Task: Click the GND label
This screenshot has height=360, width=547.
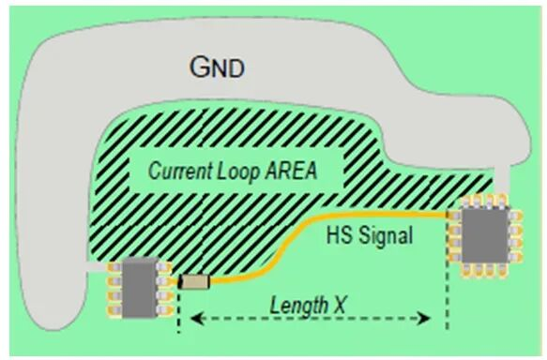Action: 217,67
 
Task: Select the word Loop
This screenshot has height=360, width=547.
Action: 238,171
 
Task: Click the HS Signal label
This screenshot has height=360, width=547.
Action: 370,235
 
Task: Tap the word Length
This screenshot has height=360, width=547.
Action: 299,305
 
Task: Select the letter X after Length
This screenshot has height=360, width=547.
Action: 338,305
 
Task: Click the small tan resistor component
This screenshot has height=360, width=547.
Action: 194,281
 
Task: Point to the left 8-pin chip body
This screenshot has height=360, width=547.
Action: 140,288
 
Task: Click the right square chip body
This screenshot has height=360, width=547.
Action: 485,234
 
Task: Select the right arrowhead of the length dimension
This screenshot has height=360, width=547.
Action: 424,318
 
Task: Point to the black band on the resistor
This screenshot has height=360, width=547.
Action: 181,281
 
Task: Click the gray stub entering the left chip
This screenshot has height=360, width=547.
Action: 98,266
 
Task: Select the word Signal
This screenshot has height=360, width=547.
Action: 386,235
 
